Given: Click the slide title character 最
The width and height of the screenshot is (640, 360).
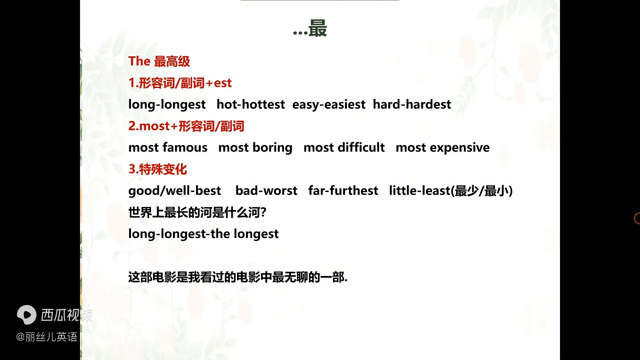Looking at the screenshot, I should (317, 28).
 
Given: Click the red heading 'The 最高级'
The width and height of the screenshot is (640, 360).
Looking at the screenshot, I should (159, 61).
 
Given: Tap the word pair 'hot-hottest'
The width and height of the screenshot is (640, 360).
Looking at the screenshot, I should (251, 104).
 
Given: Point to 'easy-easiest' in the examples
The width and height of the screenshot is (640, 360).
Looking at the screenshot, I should (329, 104).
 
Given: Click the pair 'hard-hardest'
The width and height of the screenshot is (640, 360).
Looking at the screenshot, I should (412, 104).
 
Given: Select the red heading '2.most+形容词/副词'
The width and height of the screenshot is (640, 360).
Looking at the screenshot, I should (186, 126).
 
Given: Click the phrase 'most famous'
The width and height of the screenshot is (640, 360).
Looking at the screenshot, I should (168, 147).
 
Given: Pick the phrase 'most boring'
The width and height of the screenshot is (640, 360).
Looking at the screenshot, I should (255, 147).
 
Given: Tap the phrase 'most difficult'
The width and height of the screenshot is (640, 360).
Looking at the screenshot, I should (344, 147).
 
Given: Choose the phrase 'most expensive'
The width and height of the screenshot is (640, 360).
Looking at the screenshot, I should (442, 147).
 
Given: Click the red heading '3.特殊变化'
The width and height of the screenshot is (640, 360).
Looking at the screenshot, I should (158, 169).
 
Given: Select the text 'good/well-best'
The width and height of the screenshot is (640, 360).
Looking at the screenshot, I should (175, 191).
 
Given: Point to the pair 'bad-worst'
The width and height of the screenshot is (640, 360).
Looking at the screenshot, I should (266, 191).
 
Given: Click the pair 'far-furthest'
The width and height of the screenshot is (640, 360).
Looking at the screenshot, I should (343, 191).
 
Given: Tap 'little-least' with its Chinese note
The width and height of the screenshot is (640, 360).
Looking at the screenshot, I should (451, 191).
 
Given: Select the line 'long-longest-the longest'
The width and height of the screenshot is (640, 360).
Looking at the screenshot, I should (203, 234).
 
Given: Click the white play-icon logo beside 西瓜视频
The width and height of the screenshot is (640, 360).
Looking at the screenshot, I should (27, 315).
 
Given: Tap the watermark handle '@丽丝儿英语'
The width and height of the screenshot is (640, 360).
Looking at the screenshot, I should (47, 337).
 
